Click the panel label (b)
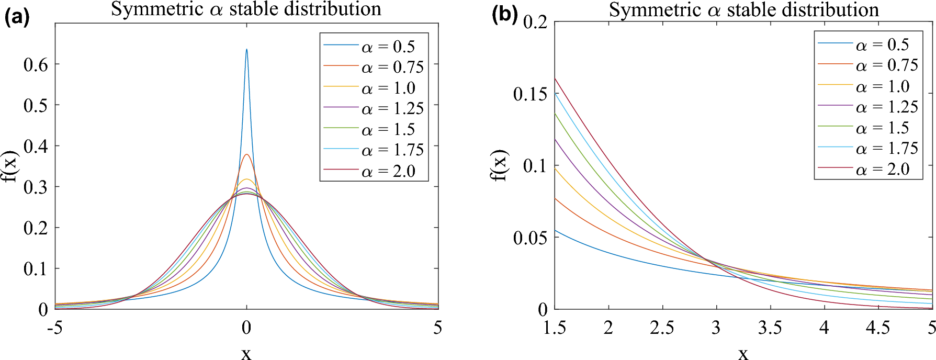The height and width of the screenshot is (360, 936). point(504,14)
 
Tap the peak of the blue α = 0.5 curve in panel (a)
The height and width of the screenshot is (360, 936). point(246,50)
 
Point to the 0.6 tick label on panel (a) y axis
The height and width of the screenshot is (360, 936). point(36,65)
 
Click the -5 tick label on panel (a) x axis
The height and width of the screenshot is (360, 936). point(54,328)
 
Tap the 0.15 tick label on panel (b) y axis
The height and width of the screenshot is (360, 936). point(530,94)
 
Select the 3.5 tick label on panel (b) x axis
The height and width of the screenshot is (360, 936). point(770,328)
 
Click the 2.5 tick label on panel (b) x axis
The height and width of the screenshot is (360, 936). point(662,328)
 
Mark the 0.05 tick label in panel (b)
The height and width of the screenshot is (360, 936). point(530,238)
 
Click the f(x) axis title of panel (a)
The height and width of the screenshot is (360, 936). point(10,166)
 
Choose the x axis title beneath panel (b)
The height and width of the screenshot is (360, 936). point(743,354)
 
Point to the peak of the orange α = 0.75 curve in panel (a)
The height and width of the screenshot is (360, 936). point(247,155)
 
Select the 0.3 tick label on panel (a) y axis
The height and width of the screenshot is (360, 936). point(36,187)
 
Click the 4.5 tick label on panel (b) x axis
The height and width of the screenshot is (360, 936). point(877,328)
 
